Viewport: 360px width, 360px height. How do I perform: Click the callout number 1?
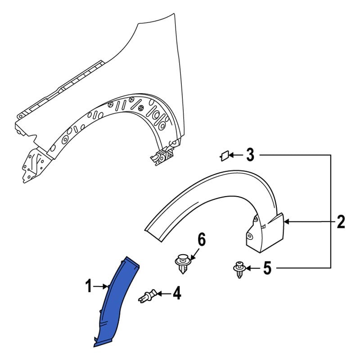pos(89,285)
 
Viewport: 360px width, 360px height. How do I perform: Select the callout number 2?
pos(341,221)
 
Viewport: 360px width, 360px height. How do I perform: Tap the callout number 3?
pos(250,156)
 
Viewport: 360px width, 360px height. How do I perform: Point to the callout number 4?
pos(176,294)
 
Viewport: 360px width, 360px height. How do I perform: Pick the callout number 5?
pos(267,269)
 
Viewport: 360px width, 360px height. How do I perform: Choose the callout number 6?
pos(201,240)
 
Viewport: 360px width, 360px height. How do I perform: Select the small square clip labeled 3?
pos(223,156)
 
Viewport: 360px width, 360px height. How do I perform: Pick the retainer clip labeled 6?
pos(181,263)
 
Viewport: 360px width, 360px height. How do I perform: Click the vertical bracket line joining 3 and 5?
pos(331,211)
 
